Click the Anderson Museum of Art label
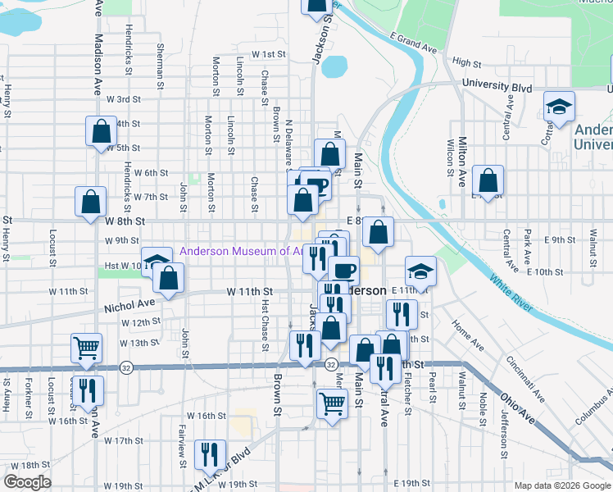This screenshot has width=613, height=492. [235, 252]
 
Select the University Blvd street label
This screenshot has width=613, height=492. [497, 85]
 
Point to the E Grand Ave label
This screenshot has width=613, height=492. [414, 43]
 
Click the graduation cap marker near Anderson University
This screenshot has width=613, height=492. [560, 107]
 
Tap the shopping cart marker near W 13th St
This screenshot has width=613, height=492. [86, 348]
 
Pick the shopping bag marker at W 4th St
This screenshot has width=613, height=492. [101, 131]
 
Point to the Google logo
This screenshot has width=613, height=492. [27, 482]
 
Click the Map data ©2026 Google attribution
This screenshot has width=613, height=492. [562, 485]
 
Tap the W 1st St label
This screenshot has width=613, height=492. [267, 54]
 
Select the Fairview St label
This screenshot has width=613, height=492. [181, 440]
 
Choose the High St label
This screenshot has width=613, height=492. [465, 62]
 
